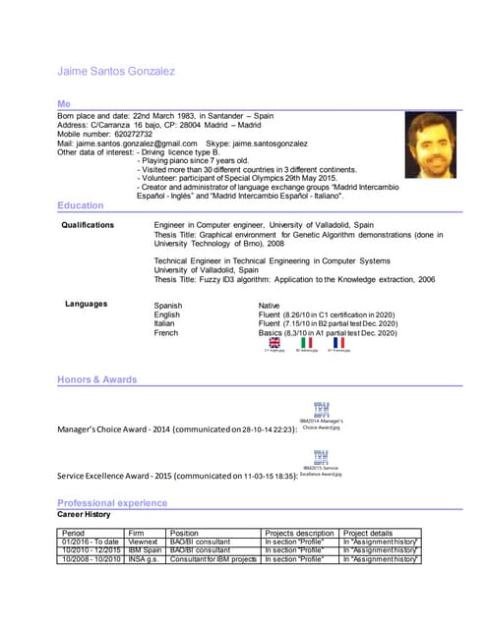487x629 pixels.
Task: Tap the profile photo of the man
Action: (x=430, y=144)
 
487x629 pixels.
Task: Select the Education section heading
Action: (x=80, y=205)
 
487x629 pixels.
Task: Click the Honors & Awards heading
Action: (x=96, y=379)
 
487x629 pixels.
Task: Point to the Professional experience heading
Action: (x=112, y=503)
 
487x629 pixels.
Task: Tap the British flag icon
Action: (x=275, y=342)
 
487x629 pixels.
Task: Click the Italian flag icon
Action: (x=306, y=342)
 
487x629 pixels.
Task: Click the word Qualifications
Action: (x=94, y=225)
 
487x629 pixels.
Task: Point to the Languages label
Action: (x=87, y=304)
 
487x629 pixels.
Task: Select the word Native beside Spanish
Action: (x=270, y=307)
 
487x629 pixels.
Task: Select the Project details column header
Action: (x=368, y=533)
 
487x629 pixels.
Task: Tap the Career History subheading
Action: (x=84, y=514)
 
